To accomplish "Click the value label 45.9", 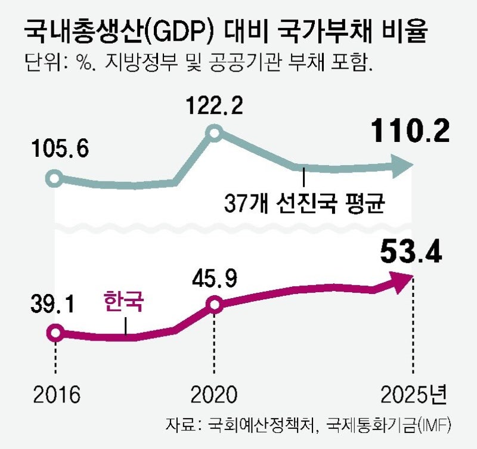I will point(216,278).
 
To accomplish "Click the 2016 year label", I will point(57,394).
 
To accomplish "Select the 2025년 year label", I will point(413,394).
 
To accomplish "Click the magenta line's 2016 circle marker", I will point(55,333).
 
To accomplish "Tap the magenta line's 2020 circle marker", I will point(215,305).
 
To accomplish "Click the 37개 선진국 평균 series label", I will point(304,205).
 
